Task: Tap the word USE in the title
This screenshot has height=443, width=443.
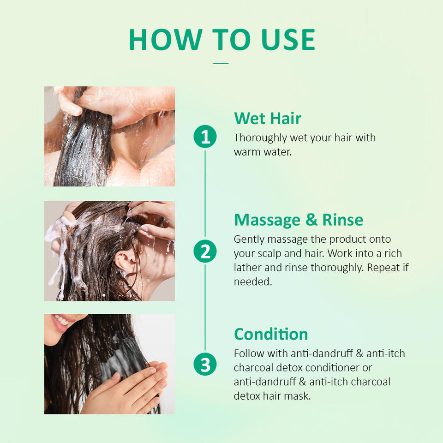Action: click(288, 40)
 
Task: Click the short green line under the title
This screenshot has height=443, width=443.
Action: click(221, 63)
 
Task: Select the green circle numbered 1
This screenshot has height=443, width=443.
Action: click(205, 137)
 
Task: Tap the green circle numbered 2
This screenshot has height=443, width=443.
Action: click(205, 251)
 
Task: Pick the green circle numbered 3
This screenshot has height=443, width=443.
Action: click(205, 364)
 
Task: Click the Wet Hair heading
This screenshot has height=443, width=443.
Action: click(268, 118)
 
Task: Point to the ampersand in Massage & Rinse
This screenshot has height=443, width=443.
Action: click(311, 220)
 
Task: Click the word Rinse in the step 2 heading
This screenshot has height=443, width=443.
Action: click(343, 220)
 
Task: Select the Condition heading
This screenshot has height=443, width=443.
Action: click(271, 334)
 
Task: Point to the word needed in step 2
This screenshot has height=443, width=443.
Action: click(253, 281)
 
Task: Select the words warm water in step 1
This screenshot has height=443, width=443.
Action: click(263, 152)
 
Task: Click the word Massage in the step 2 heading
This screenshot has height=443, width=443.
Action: click(267, 221)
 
